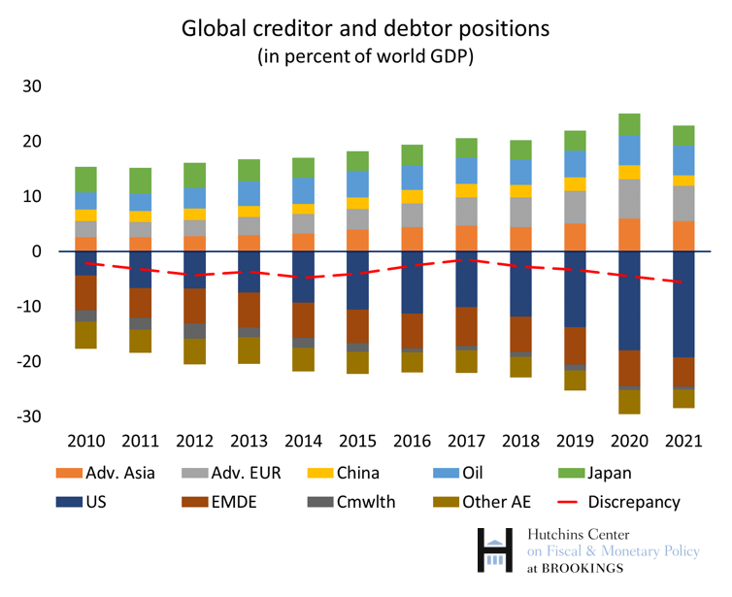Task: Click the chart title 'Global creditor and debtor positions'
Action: (365, 28)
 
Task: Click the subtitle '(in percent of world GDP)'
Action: (365, 56)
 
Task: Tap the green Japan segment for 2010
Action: (85, 180)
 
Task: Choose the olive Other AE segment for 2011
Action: (141, 341)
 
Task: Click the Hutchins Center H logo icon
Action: (496, 549)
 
